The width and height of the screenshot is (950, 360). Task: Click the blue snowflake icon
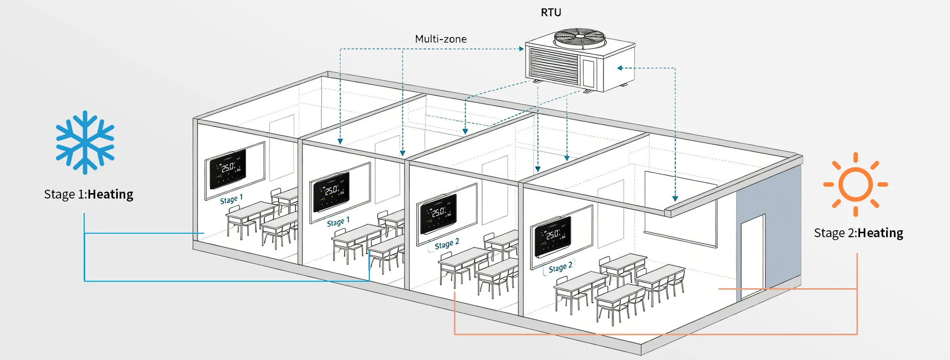(85, 142)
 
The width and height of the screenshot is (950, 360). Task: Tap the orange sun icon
(855, 184)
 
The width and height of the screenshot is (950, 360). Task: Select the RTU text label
(550, 13)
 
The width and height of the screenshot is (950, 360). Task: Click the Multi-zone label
(441, 39)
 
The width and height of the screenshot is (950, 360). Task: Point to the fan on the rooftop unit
(579, 38)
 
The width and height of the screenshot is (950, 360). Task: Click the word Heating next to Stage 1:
(110, 195)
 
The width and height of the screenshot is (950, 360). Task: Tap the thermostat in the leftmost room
(228, 169)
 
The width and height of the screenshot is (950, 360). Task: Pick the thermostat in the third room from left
(438, 213)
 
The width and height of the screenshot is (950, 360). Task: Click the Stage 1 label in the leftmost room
(231, 199)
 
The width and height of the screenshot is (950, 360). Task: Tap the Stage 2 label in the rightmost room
(560, 267)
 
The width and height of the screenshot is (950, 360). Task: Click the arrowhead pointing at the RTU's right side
(619, 68)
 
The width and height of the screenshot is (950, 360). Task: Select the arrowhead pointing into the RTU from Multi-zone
(521, 49)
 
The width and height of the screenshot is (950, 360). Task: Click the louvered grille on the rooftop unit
(554, 64)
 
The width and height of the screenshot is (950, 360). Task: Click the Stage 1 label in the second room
(338, 222)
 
